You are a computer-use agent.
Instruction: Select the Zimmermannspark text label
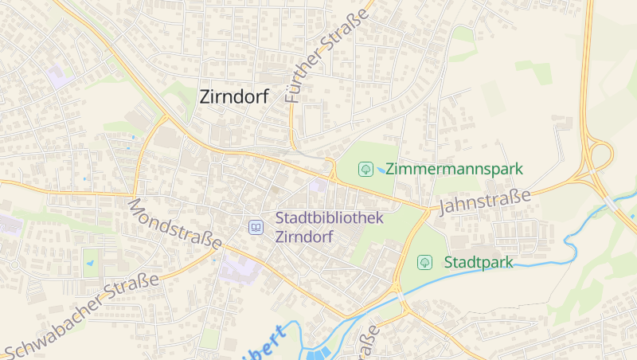tap(454, 169)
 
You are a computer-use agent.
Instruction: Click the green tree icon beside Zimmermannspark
tap(366, 169)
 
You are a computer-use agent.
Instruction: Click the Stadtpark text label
tap(478, 262)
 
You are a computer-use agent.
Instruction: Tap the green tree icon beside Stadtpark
tap(425, 261)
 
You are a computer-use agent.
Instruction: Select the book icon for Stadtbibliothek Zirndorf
tap(256, 228)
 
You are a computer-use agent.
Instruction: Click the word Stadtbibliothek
tap(330, 218)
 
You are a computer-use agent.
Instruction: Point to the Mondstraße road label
tap(174, 223)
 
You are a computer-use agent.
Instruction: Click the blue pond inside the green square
tap(90, 261)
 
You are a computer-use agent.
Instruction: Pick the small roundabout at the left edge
tap(14, 264)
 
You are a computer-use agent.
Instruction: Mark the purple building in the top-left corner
tap(57, 77)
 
